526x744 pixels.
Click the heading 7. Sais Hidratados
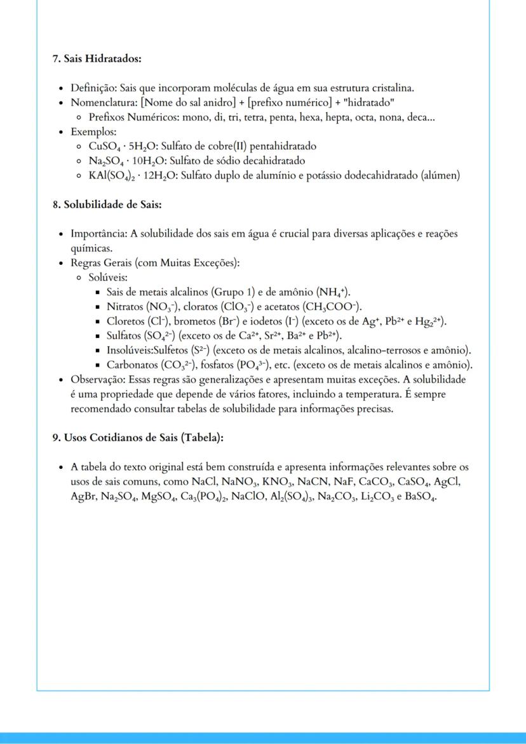point(97,58)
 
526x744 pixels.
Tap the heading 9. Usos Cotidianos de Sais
point(138,438)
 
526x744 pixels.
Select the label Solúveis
point(108,278)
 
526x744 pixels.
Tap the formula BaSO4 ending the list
point(420,497)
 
